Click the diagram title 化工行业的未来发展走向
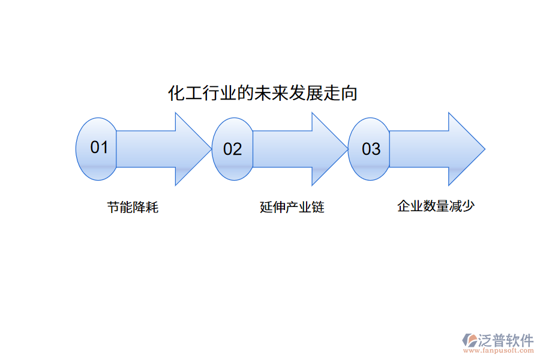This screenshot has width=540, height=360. coord(262,94)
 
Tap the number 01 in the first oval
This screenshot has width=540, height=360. coord(99,147)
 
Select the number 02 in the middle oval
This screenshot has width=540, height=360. coord(232,149)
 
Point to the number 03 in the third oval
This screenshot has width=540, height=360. coord(371,149)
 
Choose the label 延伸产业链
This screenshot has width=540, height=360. coord(292,208)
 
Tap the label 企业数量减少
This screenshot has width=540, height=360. coord(436,206)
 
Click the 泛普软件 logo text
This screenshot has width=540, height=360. coord(506,340)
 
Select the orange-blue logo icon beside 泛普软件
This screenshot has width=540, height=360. coord(469,340)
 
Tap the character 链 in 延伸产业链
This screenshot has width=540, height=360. coord(318,208)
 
